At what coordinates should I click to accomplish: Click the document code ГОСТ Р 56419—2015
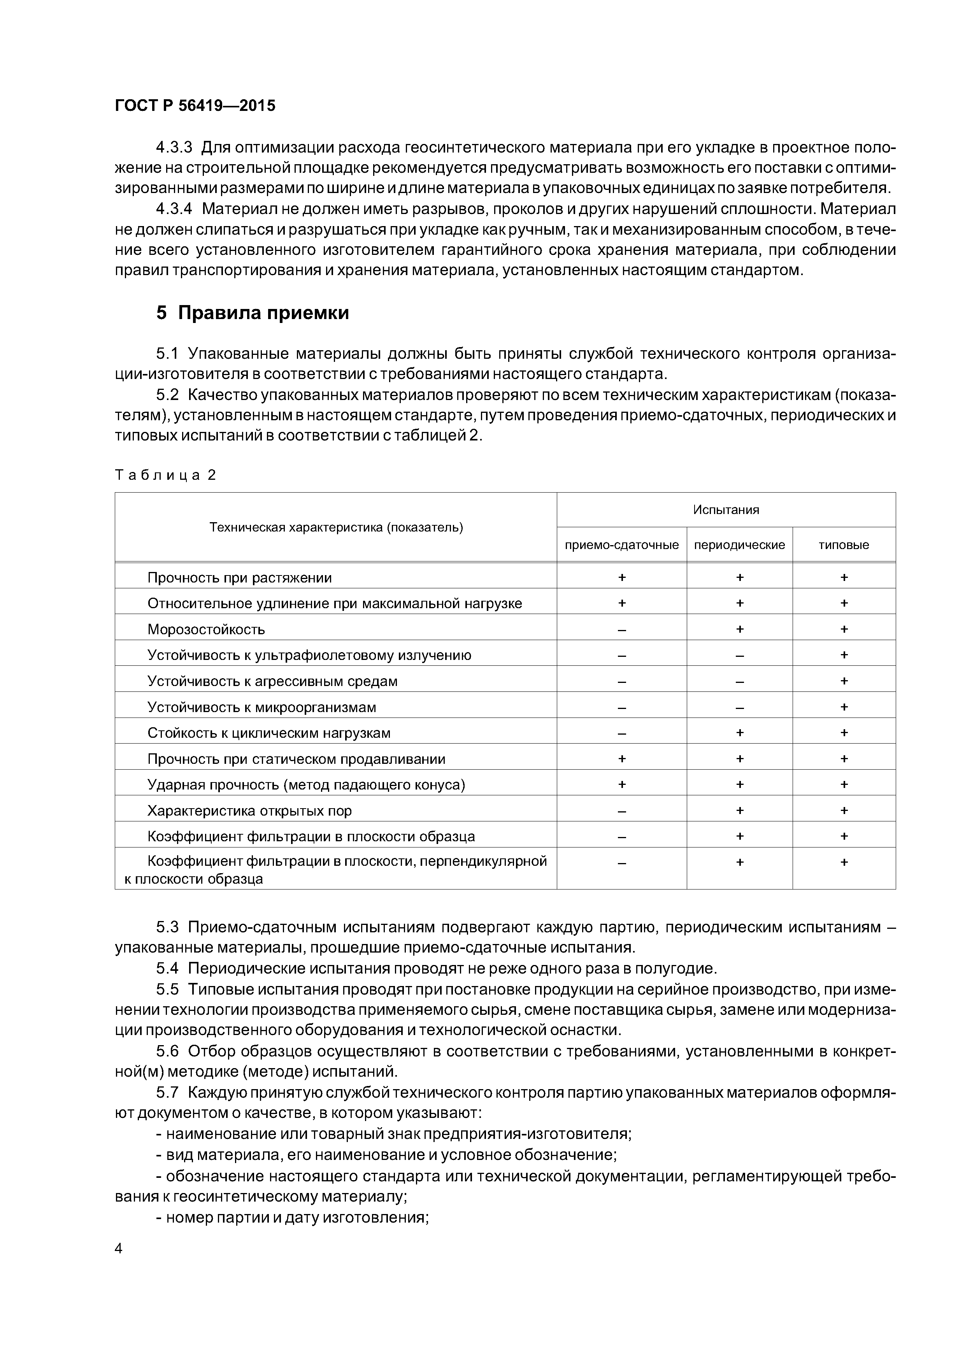195,106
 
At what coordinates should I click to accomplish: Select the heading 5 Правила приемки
252,313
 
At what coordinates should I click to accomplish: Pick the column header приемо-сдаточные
621,545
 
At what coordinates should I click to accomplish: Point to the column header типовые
843,545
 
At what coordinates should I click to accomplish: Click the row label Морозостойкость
206,629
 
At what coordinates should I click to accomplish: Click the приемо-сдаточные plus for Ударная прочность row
621,784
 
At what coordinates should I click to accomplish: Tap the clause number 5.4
167,968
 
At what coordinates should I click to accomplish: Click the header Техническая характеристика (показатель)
336,527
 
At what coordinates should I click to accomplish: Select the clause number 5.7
167,1093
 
